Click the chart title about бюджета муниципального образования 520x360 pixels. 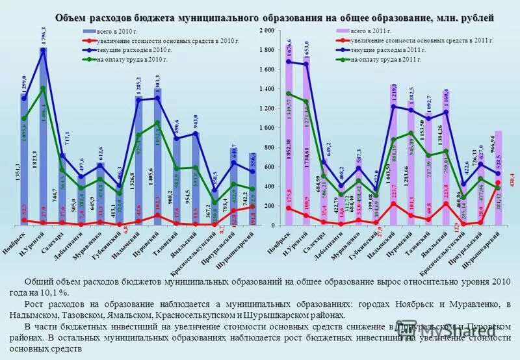click(x=274, y=17)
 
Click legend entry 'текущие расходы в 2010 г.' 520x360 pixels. click(x=134, y=49)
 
